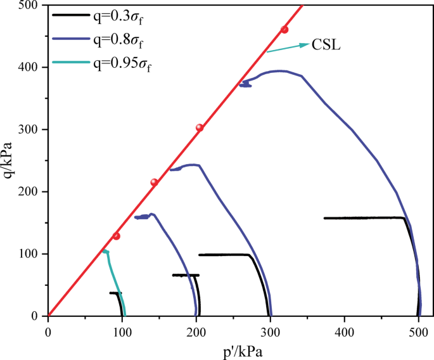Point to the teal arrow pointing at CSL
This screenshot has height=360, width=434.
(288, 48)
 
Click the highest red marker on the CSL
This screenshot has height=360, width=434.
(284, 30)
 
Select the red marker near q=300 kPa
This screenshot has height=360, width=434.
(200, 127)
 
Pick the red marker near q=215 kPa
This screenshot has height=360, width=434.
(154, 183)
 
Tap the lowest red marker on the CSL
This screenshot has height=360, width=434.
(116, 236)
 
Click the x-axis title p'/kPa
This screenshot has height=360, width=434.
(234, 350)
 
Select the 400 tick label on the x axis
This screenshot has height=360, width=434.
(344, 330)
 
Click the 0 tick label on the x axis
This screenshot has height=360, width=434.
(48, 330)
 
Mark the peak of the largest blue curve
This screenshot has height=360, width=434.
(281, 71)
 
